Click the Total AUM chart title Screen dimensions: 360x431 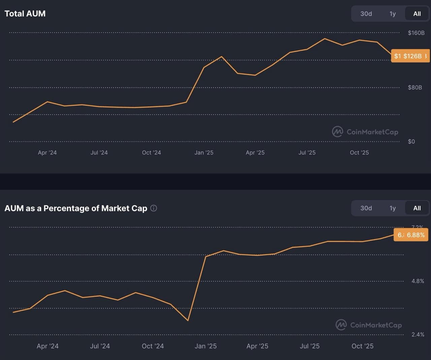pos(25,13)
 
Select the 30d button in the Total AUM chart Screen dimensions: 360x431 pos(366,14)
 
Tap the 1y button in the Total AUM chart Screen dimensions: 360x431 pos(393,14)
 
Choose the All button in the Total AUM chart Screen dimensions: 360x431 pos(417,14)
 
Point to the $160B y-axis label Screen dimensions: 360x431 pos(416,33)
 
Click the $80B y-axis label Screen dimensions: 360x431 pos(415,87)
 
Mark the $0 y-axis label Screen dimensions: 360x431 pos(411,141)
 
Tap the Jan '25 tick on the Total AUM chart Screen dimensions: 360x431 pos(204,152)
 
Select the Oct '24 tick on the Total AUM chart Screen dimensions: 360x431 pos(151,152)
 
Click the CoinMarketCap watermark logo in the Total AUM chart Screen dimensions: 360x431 pos(337,132)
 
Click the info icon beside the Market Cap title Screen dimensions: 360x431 pos(154,208)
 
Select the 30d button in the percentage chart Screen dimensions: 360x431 pos(366,208)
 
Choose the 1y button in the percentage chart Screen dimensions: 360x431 pos(393,208)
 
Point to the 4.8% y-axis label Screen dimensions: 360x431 pos(418,281)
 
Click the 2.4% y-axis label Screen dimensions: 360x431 pos(418,334)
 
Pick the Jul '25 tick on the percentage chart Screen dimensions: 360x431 pos(309,346)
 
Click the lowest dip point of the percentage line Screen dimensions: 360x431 pos(188,320)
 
